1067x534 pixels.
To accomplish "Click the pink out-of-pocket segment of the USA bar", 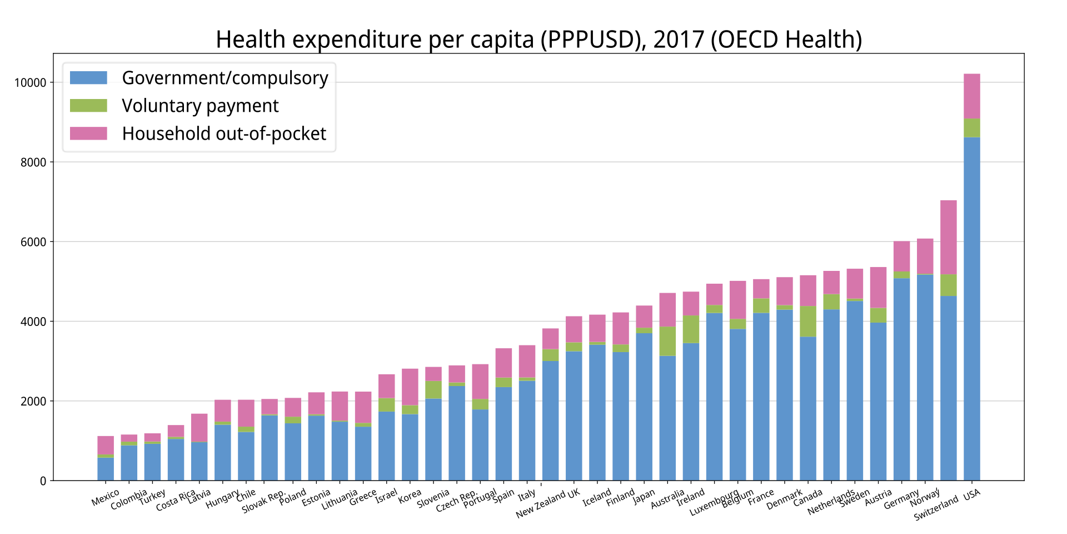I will [971, 96].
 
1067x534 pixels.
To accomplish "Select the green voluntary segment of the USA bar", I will [971, 128].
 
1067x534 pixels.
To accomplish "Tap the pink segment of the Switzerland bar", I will [948, 237].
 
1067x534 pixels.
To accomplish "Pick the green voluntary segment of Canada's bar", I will [807, 321].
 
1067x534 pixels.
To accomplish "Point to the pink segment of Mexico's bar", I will [106, 445].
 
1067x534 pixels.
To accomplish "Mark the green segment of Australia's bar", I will [667, 341].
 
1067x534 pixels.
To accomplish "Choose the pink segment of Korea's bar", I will [410, 387].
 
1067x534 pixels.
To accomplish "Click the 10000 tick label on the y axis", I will [30, 83].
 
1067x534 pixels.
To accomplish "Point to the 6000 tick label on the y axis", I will [34, 242].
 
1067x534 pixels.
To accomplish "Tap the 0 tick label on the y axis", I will [43, 481].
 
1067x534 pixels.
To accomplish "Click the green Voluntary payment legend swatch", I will [88, 106].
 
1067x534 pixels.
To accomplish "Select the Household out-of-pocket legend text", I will [224, 133].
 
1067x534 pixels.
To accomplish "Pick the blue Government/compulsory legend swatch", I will [88, 78].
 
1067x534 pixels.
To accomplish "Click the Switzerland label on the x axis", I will [936, 508].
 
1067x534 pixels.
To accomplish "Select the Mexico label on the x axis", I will [106, 497].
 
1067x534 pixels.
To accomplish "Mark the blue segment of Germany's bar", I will [901, 379].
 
